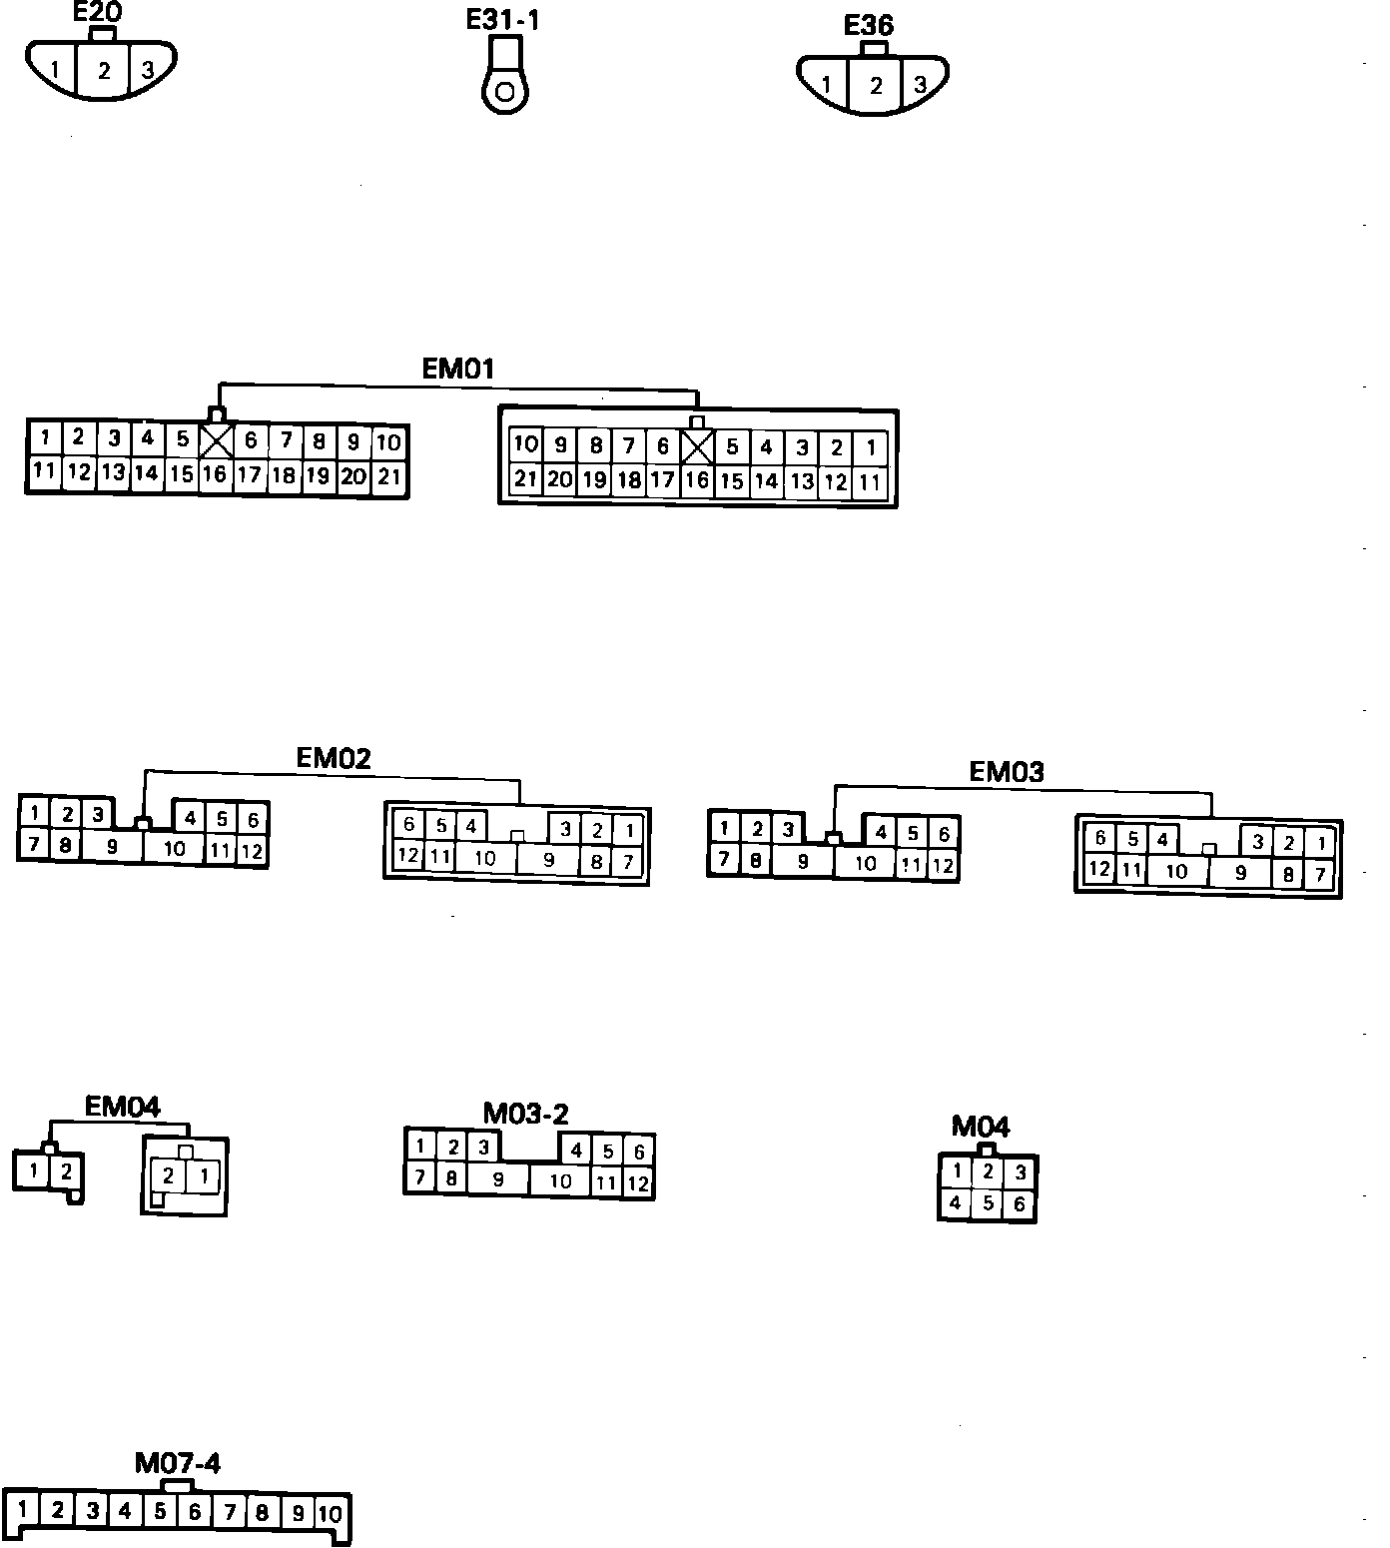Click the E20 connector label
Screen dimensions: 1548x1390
98,13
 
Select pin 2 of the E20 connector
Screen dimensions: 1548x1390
103,71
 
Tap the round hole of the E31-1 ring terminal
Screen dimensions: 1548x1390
505,94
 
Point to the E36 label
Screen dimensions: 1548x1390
869,25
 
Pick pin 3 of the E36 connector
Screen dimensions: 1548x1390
920,85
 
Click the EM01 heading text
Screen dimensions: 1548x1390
458,369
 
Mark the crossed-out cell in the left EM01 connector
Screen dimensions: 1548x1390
217,440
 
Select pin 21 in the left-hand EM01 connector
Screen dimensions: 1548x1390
389,476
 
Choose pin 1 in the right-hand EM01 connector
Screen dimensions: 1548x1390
872,447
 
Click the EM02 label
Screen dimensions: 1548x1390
334,758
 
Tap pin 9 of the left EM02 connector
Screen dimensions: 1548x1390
112,847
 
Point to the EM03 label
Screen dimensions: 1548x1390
1007,771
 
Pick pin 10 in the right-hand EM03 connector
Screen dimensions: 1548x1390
1177,871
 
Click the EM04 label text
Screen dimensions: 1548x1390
122,1107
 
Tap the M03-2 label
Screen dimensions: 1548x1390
526,1114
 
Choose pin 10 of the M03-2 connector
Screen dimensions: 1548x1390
561,1181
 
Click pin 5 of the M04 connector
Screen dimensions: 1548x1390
988,1202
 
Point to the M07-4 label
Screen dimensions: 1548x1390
178,1463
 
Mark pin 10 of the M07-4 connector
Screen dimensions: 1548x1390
330,1514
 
